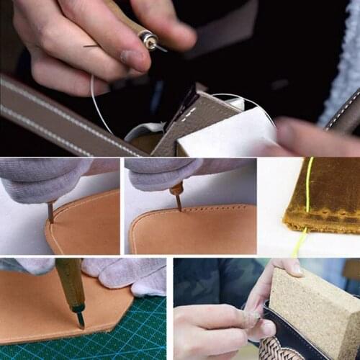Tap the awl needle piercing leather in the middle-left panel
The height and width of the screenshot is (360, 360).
50,212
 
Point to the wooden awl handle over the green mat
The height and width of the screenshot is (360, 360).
70,281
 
